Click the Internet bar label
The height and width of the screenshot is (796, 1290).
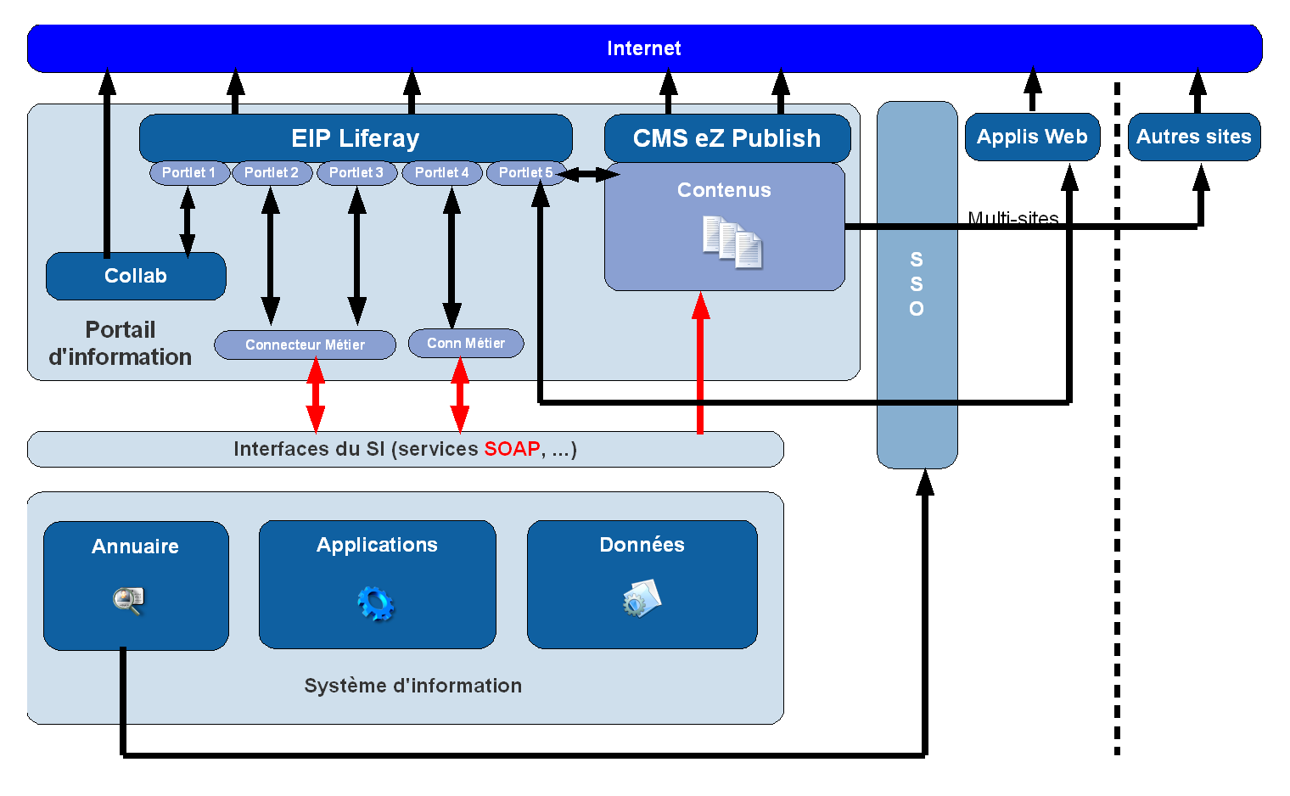click(643, 48)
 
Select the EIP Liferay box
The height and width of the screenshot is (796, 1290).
click(355, 137)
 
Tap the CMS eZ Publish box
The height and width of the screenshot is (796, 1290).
click(726, 137)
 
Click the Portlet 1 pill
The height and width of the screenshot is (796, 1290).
click(188, 172)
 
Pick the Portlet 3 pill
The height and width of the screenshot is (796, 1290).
click(356, 172)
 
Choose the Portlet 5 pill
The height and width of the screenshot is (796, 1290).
click(525, 172)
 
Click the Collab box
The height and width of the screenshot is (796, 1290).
click(136, 276)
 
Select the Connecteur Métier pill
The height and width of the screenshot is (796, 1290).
click(305, 345)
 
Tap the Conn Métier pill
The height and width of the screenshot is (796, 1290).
click(465, 343)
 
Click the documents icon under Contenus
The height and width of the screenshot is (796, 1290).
click(732, 243)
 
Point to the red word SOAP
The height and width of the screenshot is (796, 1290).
click(512, 449)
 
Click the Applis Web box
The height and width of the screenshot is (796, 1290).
click(1032, 137)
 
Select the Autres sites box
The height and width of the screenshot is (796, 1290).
click(1193, 137)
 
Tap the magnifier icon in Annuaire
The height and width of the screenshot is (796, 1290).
click(128, 601)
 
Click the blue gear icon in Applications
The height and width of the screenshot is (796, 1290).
click(376, 603)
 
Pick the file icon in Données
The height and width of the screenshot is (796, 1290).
click(642, 598)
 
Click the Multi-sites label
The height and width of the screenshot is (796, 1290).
click(1012, 218)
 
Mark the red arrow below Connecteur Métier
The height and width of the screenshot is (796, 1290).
click(316, 395)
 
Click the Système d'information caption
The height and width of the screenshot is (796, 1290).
click(412, 686)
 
